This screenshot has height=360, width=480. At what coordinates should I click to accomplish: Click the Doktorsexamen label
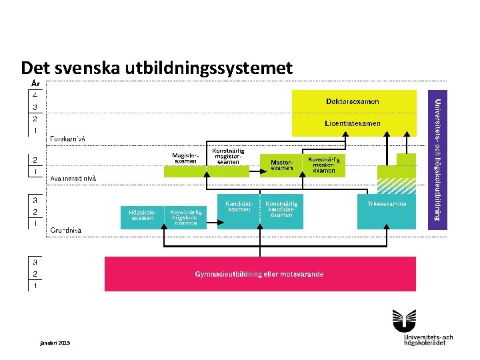point(353,101)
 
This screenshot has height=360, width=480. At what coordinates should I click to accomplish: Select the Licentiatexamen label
point(353,123)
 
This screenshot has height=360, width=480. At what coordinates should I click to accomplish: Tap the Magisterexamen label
point(185,159)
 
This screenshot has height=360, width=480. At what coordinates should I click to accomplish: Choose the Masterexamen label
point(281,165)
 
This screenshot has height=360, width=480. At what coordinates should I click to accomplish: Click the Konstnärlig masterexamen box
point(324,165)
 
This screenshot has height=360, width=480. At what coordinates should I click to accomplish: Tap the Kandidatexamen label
point(239,206)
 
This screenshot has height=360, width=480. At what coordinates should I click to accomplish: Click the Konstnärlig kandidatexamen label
point(281,209)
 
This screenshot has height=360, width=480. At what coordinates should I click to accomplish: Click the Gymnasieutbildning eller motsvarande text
point(259,274)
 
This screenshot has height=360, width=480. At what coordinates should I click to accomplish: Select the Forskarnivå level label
point(69,139)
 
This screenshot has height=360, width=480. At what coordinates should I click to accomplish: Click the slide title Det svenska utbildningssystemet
point(157,68)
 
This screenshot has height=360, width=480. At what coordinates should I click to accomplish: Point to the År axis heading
point(37,83)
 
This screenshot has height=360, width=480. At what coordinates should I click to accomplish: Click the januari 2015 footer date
point(55,343)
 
